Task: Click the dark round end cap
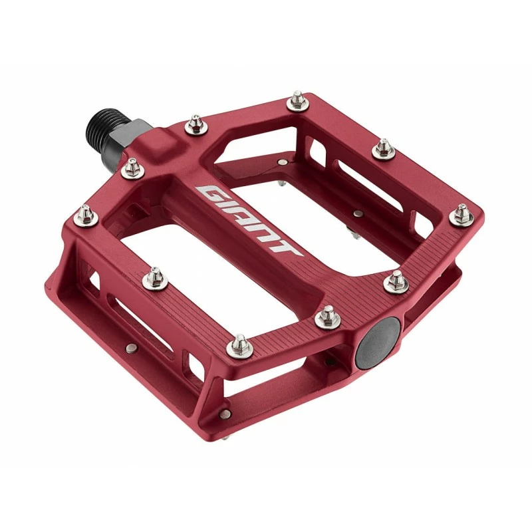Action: click(x=377, y=343)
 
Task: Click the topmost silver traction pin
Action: click(x=297, y=100)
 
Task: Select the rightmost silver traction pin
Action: click(x=462, y=215)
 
